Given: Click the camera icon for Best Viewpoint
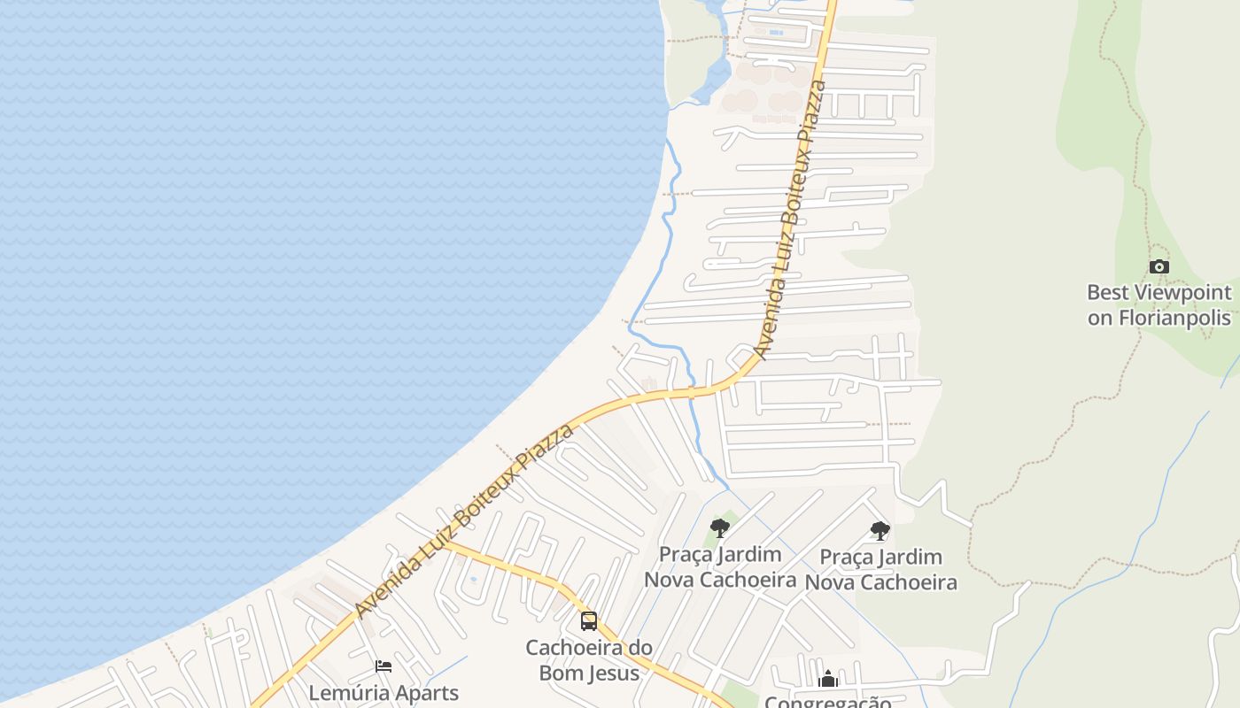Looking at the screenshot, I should pos(1159,266).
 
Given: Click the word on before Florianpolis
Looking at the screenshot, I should pos(1100,318).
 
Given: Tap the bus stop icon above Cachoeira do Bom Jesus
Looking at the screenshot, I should pos(589,621).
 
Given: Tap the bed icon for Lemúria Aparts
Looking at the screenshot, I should pos(384,666).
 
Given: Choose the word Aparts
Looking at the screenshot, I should pos(426,693).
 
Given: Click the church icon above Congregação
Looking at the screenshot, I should pos(828,680).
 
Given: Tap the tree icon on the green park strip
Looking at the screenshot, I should pos(720,528).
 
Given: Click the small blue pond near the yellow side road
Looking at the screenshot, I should pos(472,581).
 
